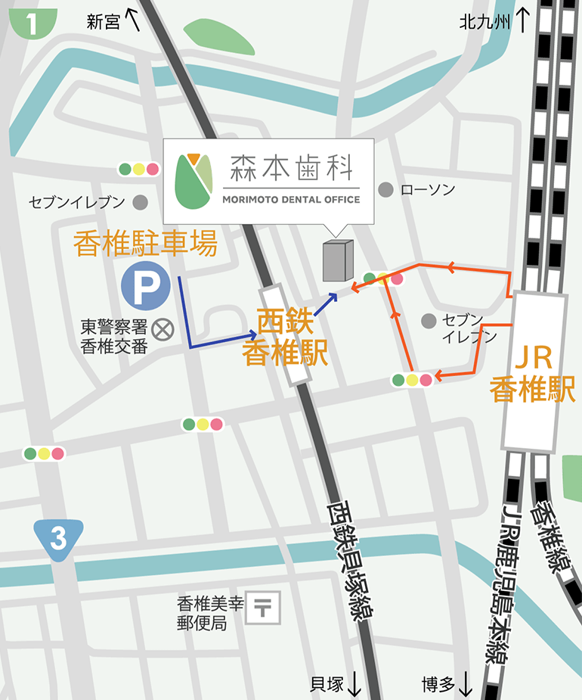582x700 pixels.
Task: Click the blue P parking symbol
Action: point(143,285)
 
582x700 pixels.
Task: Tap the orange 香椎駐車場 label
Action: point(145,244)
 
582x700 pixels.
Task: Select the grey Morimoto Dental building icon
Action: point(337,262)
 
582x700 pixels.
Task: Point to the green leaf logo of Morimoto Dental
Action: point(193,181)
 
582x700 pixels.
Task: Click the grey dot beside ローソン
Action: point(385,189)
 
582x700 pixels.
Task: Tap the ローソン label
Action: point(427,189)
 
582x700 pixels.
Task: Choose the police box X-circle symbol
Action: point(162,329)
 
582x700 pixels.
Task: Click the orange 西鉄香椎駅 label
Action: point(285,338)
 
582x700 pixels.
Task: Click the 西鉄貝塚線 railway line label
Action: point(351,559)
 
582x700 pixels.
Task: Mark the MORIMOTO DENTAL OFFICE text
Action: point(291,200)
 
